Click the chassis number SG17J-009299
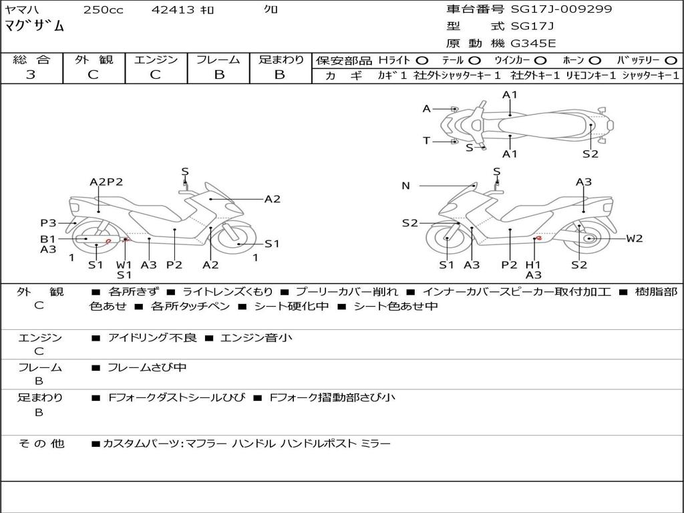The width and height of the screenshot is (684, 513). point(561,9)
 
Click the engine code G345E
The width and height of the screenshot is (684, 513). point(533,43)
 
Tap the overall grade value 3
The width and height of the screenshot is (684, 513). point(31,75)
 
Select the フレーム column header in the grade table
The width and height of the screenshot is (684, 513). point(218,59)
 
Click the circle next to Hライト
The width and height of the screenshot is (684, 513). point(421,61)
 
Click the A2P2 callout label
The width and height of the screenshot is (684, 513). point(106,182)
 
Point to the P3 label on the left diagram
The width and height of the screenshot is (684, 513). point(48,223)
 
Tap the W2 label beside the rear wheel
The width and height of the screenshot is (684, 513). point(635,238)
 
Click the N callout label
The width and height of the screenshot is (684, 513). point(405,186)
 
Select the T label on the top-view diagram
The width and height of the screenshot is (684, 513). point(427,140)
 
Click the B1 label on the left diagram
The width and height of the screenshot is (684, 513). point(48,239)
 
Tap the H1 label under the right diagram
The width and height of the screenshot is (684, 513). point(533,265)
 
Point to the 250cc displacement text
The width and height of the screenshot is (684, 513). point(104,9)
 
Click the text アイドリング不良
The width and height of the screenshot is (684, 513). point(152,337)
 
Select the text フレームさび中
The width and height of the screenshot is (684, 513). point(147,368)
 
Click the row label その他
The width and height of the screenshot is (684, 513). point(41,444)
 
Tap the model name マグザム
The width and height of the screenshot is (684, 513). point(35,26)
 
